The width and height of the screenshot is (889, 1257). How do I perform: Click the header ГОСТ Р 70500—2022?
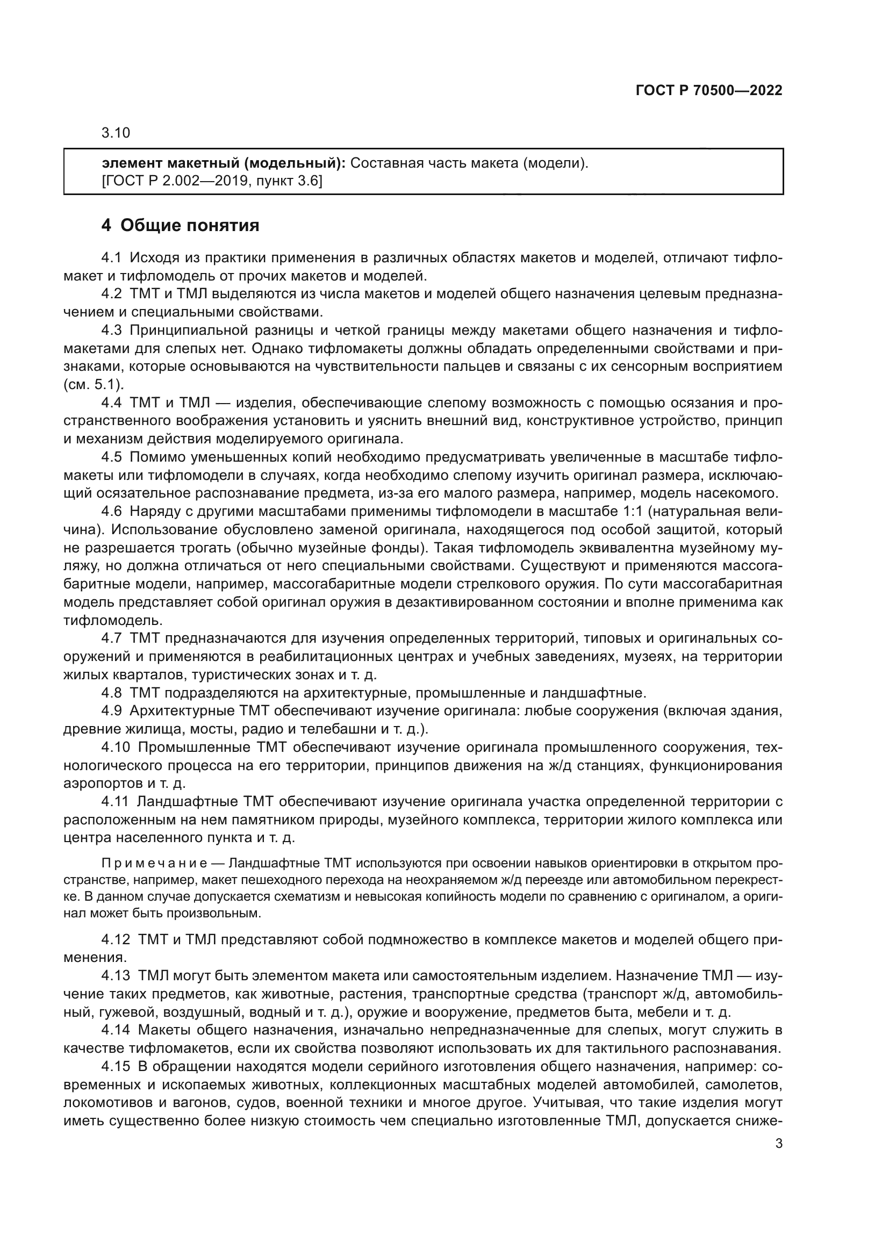[709, 91]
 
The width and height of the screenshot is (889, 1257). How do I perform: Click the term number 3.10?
[116, 133]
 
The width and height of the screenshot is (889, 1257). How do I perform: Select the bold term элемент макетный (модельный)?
[224, 163]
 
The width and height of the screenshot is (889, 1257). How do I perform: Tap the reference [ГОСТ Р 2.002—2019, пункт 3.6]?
[212, 181]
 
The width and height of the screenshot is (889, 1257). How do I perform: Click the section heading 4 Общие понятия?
[180, 225]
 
